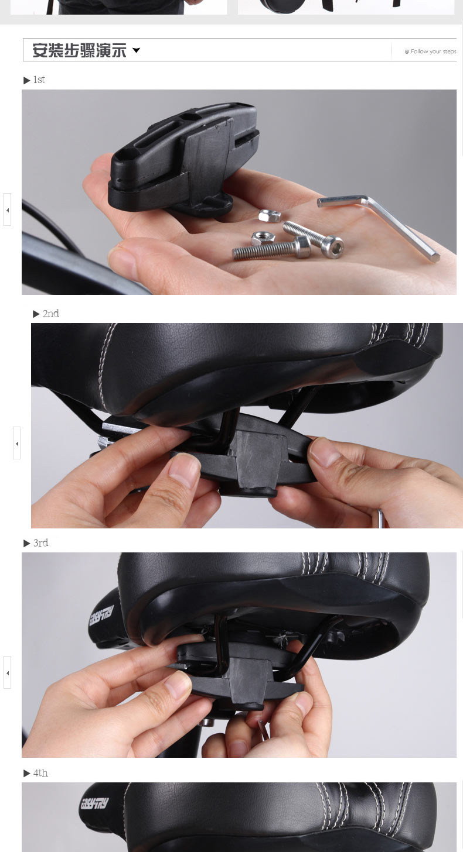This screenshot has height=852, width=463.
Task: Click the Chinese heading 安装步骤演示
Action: click(79, 50)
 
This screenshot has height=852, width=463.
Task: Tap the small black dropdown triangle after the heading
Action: click(137, 50)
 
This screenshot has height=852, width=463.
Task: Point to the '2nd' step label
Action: click(50, 314)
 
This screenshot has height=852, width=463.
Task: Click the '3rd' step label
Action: click(40, 543)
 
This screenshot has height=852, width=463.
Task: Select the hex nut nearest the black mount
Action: click(269, 215)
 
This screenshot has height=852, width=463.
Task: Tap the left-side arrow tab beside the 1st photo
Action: click(7, 209)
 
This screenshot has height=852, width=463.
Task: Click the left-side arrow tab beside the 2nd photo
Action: click(16, 443)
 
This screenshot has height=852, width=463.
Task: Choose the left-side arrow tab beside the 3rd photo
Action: click(7, 672)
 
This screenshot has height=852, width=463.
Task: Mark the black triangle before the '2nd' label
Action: click(36, 314)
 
